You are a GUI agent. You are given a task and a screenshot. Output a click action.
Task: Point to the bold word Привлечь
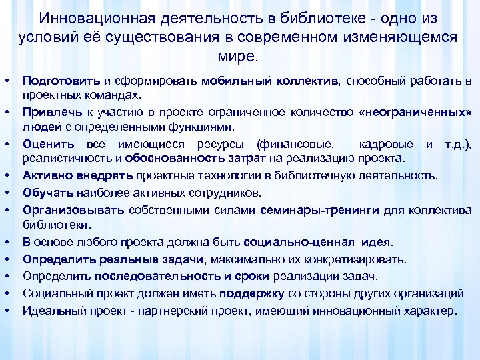46,111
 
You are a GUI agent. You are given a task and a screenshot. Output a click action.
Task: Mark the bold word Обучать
42,193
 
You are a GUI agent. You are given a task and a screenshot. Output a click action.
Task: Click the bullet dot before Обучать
10,193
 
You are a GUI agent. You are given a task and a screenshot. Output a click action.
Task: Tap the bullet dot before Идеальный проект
10,310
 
